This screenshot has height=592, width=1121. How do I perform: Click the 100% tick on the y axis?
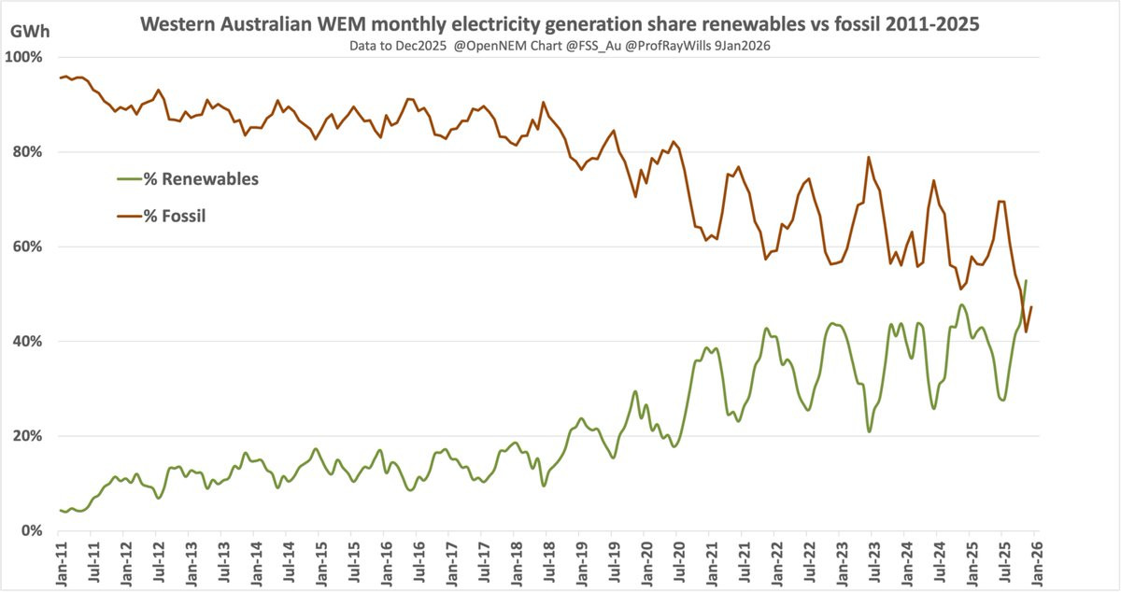tap(25, 57)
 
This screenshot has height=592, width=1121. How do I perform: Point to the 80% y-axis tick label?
tap(28, 152)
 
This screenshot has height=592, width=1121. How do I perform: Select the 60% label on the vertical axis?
tap(28, 247)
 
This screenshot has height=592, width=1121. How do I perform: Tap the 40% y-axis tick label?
tap(28, 342)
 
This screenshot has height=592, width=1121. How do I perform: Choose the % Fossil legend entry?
tap(174, 216)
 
